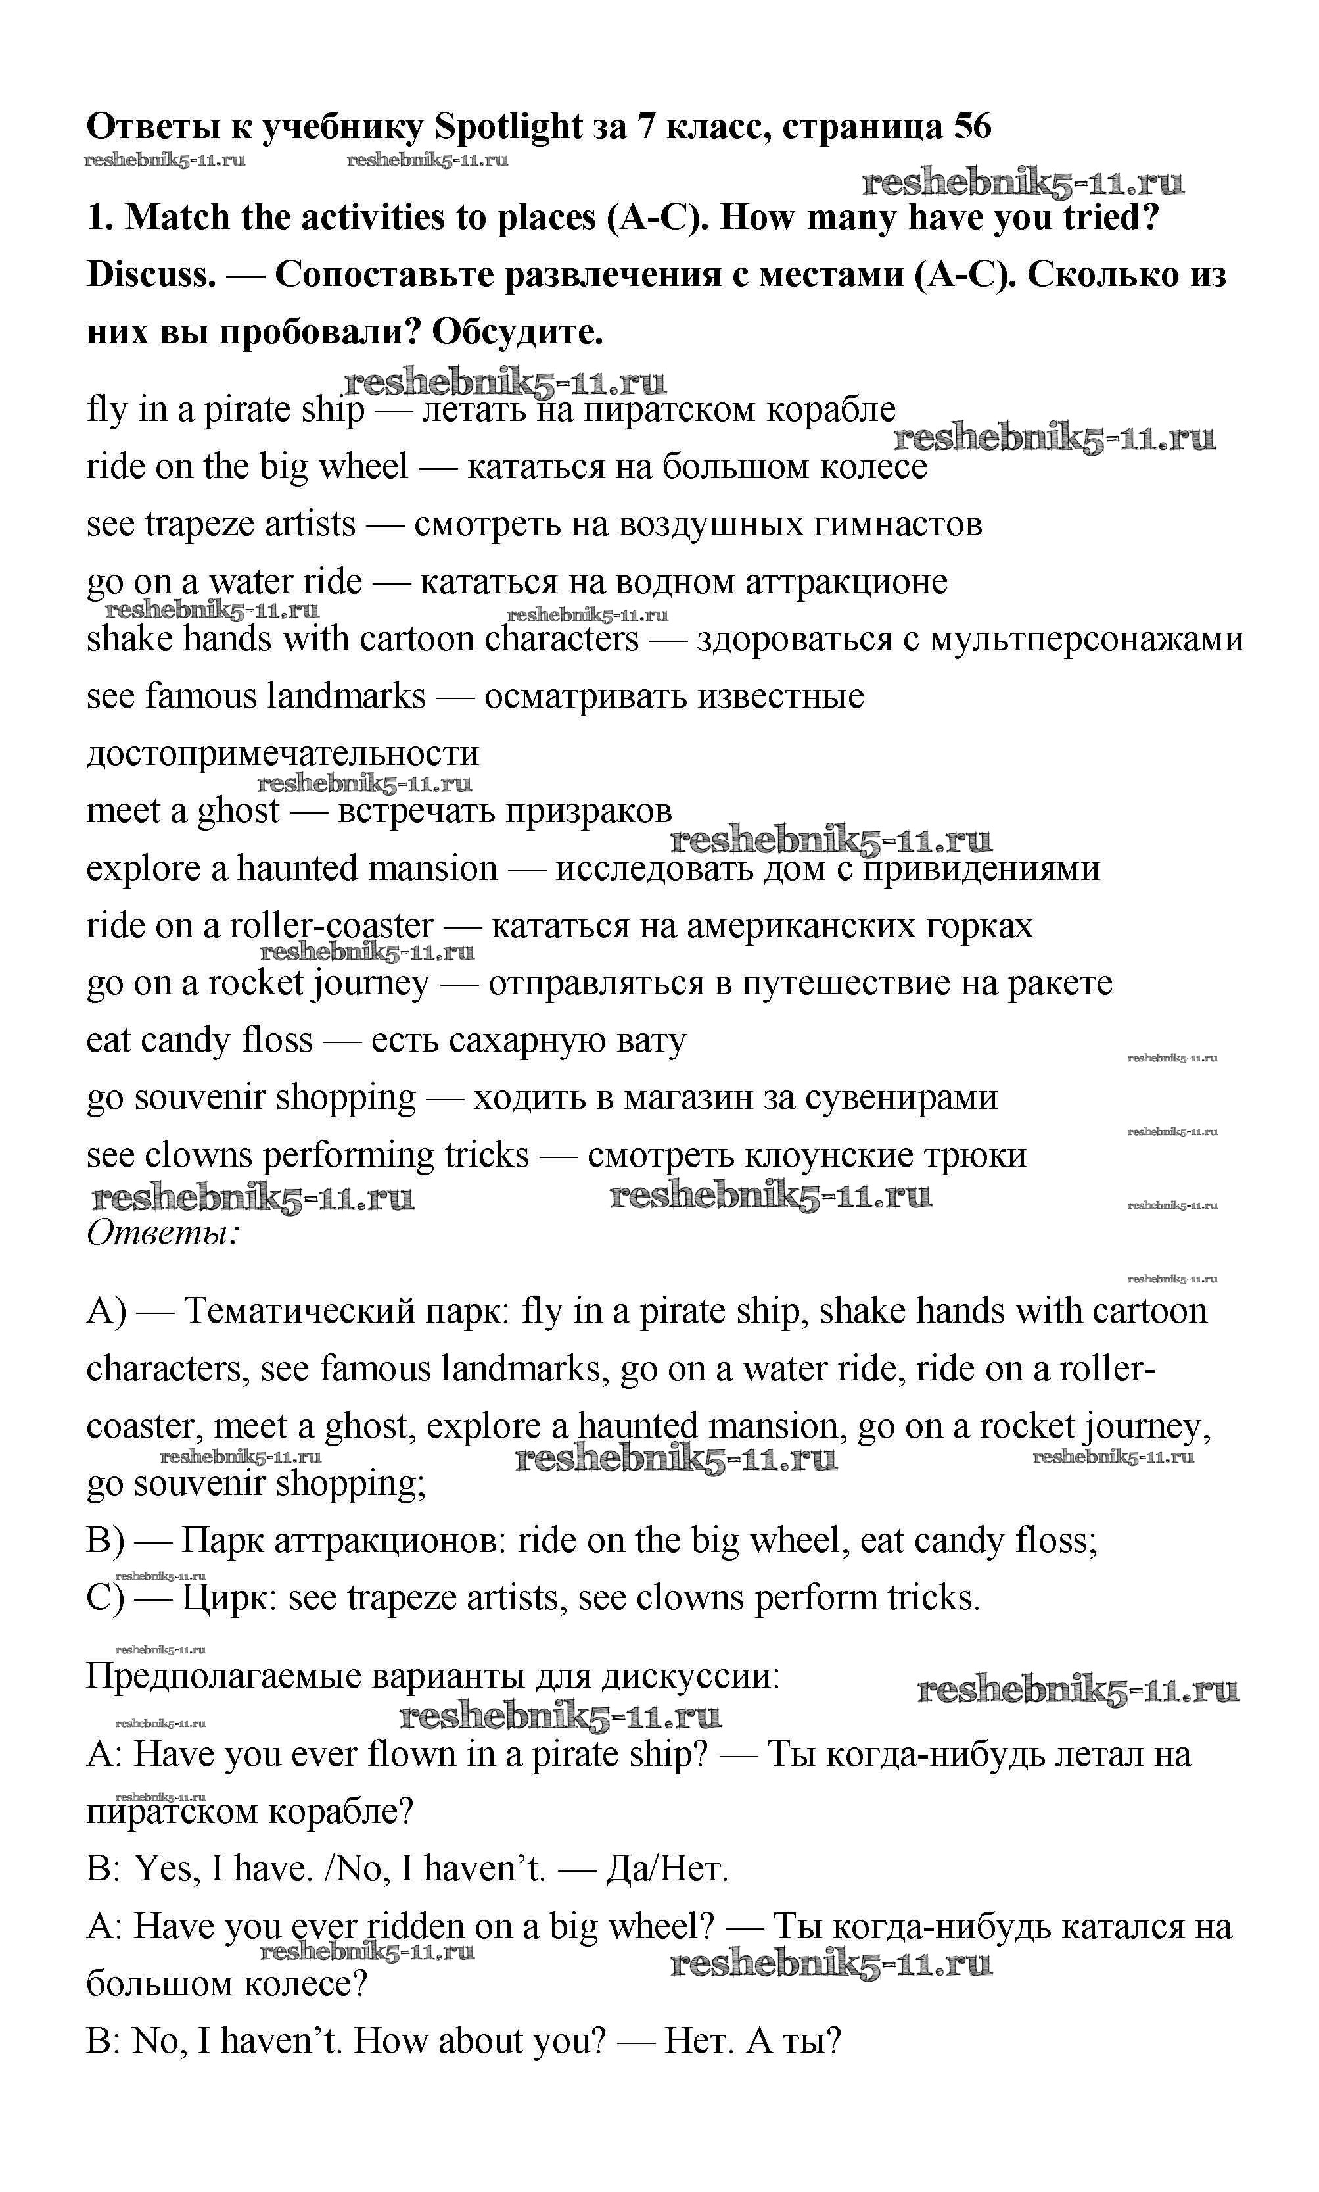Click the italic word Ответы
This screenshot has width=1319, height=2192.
pyautogui.click(x=162, y=1233)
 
